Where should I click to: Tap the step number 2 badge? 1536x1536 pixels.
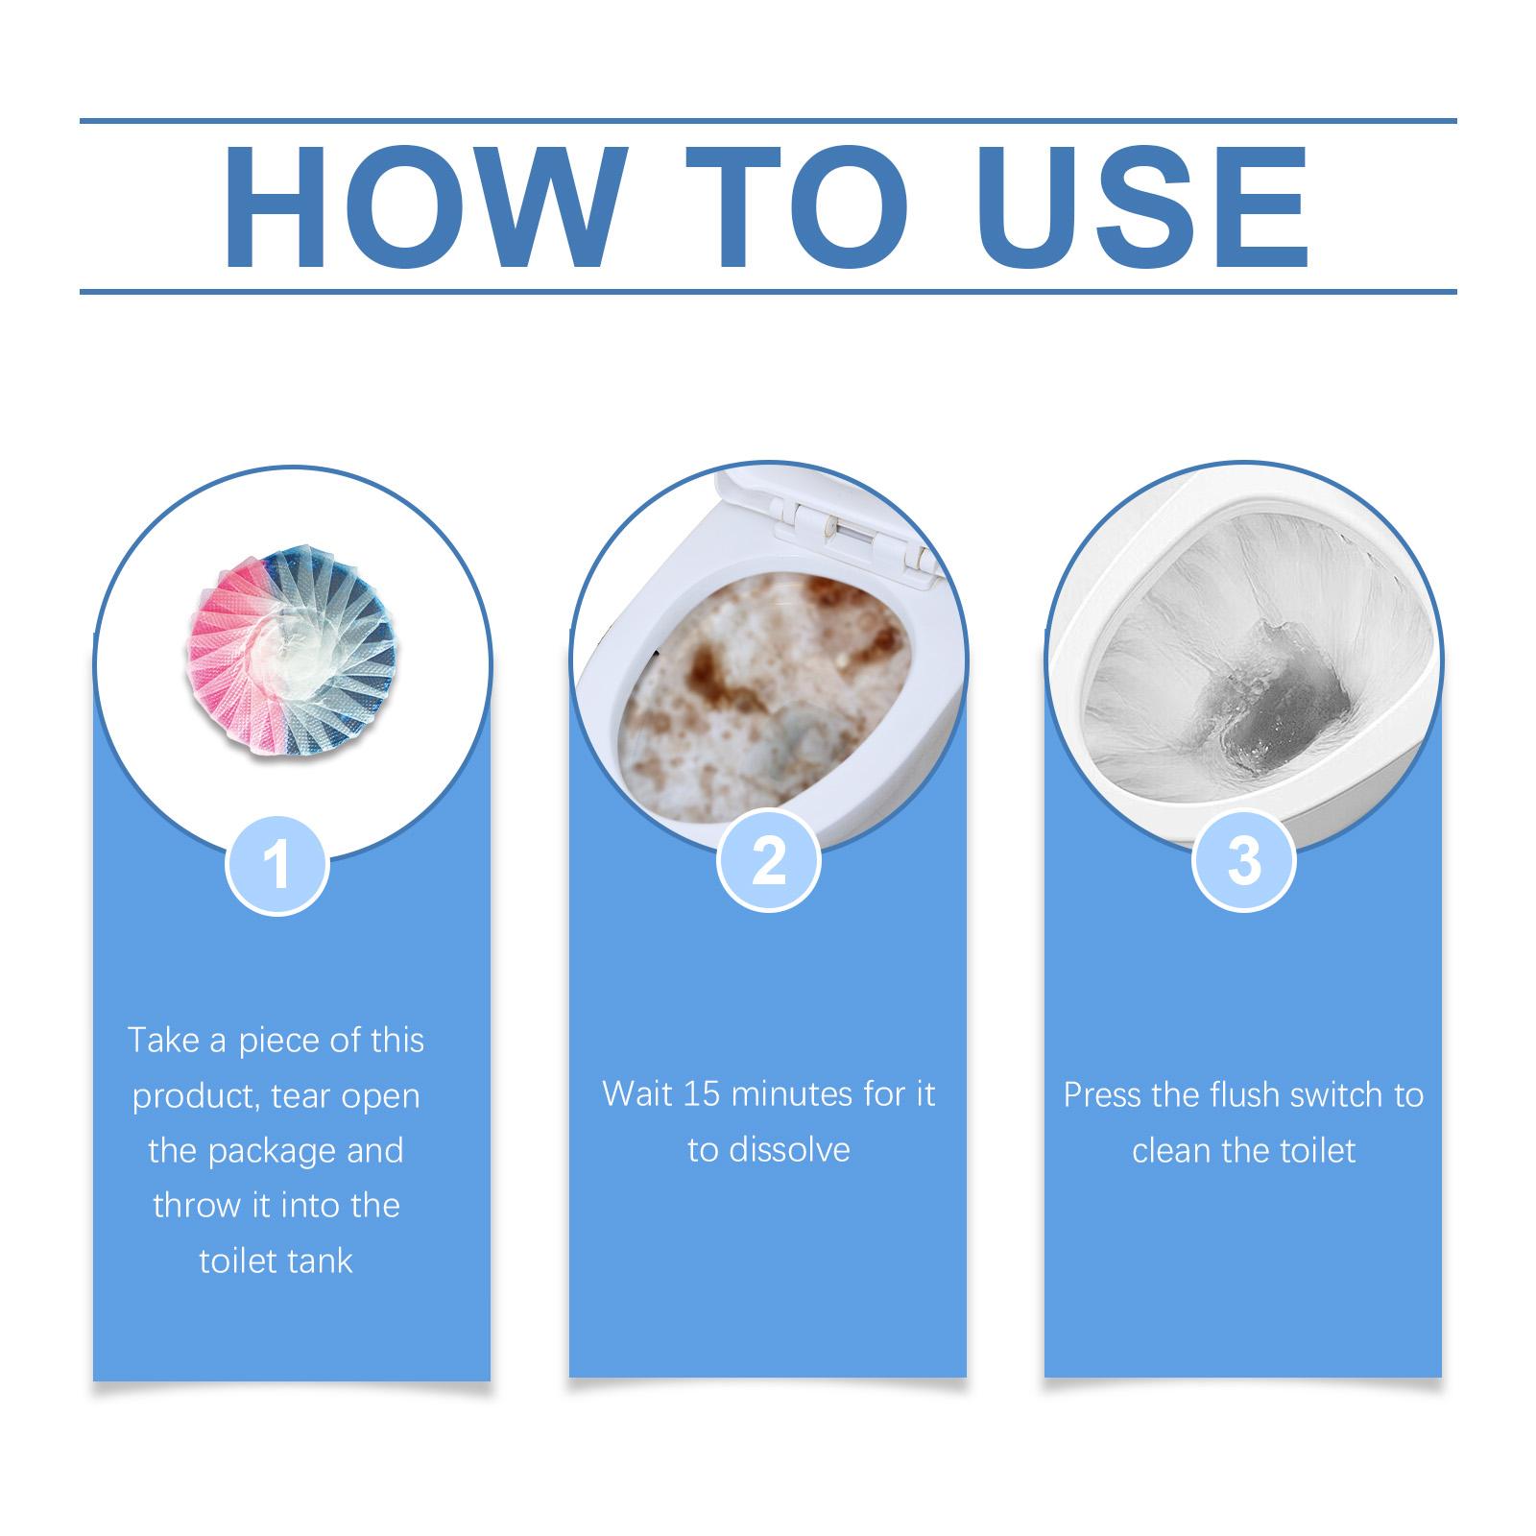[x=769, y=860]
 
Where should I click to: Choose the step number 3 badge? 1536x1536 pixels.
[x=1243, y=860]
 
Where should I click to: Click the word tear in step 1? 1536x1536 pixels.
[x=301, y=1096]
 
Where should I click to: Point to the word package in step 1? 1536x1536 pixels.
[x=272, y=1151]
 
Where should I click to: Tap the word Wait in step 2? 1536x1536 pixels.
[x=637, y=1094]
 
